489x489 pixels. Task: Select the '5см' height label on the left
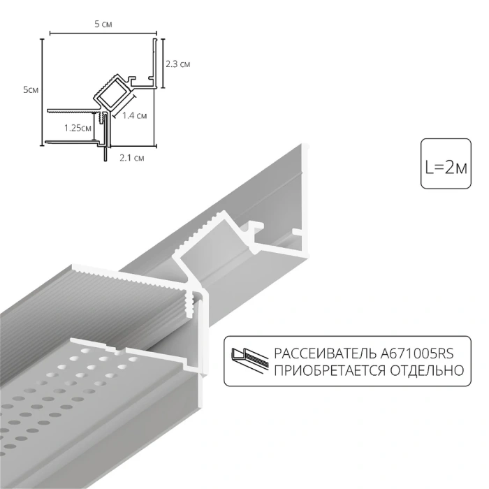[x=31, y=89]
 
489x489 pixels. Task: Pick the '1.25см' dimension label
[x=77, y=128]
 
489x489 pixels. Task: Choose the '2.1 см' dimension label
[x=131, y=157]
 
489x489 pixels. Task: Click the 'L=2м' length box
[x=445, y=166]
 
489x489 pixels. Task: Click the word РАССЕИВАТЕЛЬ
[x=314, y=353]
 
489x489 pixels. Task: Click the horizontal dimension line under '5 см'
[x=102, y=33]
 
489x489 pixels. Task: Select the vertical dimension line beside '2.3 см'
[x=163, y=64]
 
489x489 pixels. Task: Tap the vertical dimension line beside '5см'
[x=43, y=91]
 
